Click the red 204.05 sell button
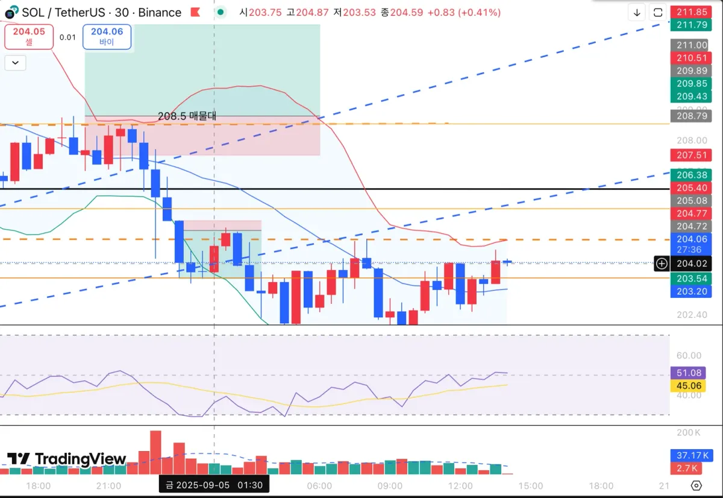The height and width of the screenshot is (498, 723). (x=29, y=36)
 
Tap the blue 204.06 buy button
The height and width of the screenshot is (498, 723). (x=107, y=36)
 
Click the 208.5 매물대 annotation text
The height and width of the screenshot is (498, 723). (x=187, y=116)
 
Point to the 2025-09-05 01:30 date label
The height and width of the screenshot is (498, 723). (x=214, y=485)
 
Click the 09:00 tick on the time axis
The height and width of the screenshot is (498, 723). (x=390, y=486)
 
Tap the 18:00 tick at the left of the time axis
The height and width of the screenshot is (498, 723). (x=39, y=486)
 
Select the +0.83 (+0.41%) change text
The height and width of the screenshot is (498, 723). (x=462, y=12)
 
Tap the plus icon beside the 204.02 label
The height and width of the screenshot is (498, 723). (x=662, y=263)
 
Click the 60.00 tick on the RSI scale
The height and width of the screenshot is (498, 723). (x=688, y=356)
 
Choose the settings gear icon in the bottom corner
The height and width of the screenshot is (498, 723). (x=696, y=486)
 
